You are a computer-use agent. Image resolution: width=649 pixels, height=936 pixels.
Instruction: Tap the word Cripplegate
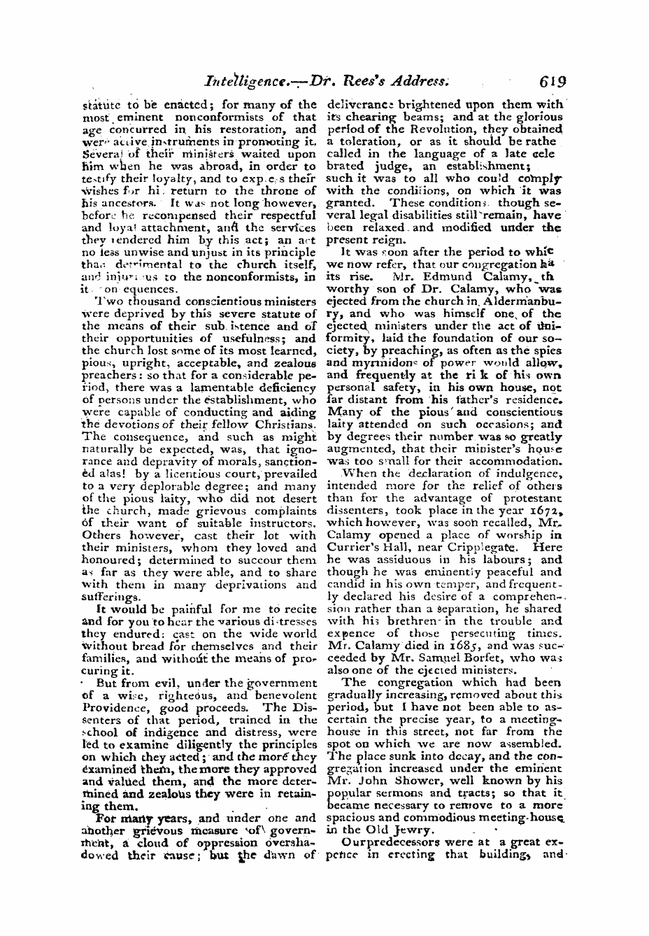coord(501,547)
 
